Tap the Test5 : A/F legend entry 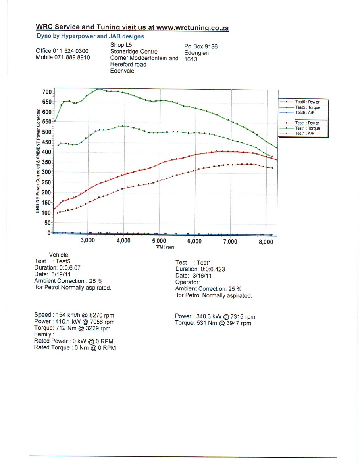(297, 113)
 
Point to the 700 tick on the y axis (47, 92)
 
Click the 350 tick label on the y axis (46, 162)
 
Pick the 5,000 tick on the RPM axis (159, 241)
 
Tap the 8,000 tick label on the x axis (266, 242)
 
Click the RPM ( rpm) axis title (164, 247)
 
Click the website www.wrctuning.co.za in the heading (192, 28)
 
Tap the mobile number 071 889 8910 (72, 57)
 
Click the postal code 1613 (191, 59)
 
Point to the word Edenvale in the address (122, 71)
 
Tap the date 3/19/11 (61, 274)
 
